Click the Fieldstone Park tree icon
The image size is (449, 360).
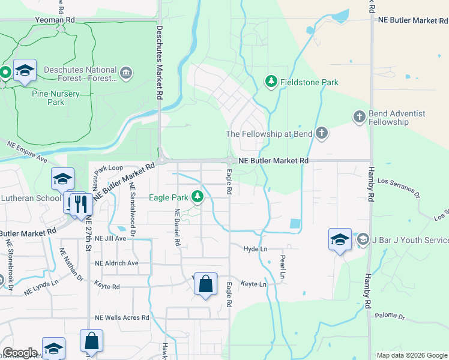point(271,81)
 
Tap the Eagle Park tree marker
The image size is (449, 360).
point(197,196)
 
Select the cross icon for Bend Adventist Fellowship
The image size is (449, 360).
point(359,116)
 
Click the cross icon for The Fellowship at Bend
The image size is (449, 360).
point(322,133)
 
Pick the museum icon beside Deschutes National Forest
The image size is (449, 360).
point(126,74)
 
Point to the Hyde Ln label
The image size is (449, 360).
point(255,248)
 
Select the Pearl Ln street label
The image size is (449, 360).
point(282,267)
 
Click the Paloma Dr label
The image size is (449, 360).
point(390,316)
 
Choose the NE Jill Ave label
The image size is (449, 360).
point(112,238)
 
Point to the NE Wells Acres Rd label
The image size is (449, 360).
point(122,317)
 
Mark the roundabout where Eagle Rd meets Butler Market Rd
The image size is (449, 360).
point(231,161)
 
